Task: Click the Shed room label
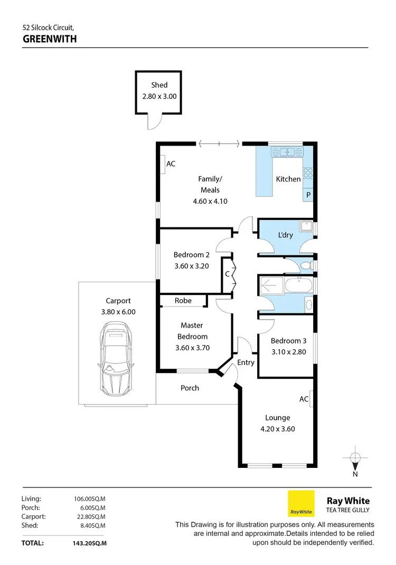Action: (159, 85)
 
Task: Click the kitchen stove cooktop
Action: (307, 173)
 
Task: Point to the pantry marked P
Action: (308, 195)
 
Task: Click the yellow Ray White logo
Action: (301, 503)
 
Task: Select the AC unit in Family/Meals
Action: (163, 164)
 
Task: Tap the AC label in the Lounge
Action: (304, 399)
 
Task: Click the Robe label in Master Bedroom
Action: (183, 301)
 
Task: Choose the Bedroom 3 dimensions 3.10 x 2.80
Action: (288, 352)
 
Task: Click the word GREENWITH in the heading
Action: (50, 39)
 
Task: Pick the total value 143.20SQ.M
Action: (90, 542)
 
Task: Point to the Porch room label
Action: (190, 388)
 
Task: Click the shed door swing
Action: (152, 122)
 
